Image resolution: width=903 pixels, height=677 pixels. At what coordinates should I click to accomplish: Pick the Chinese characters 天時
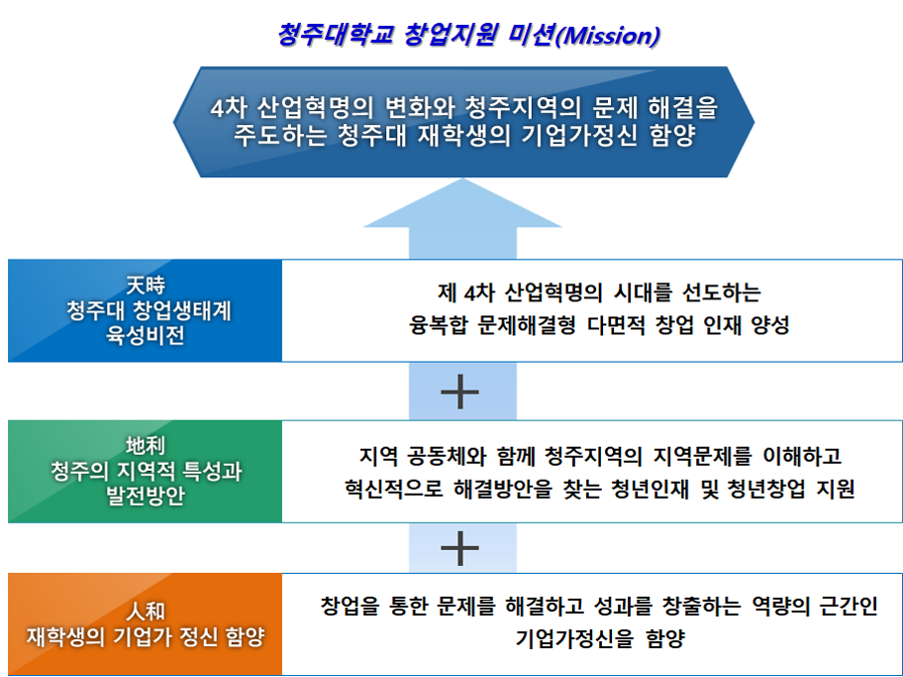[x=146, y=284]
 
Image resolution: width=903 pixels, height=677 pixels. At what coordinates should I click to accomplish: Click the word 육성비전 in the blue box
[x=146, y=336]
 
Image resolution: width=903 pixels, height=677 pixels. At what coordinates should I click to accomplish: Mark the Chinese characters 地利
[x=146, y=446]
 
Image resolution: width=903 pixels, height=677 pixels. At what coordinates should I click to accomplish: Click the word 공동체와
[x=459, y=457]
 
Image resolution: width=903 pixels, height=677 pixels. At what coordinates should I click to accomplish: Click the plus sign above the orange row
[x=459, y=546]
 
